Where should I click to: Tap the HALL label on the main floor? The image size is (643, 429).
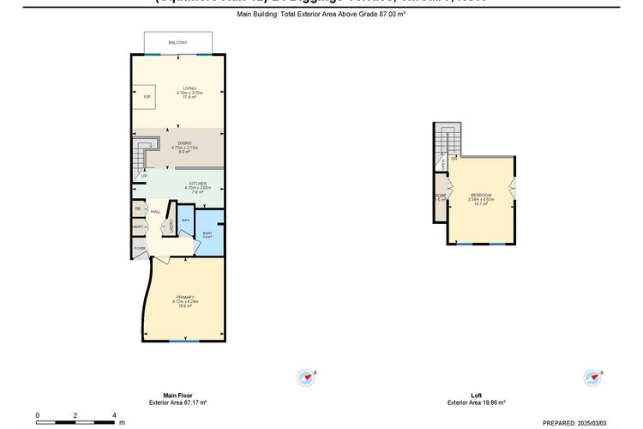(155, 211)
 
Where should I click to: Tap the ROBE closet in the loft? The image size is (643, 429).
(440, 197)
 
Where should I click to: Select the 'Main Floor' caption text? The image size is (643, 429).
(165, 396)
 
